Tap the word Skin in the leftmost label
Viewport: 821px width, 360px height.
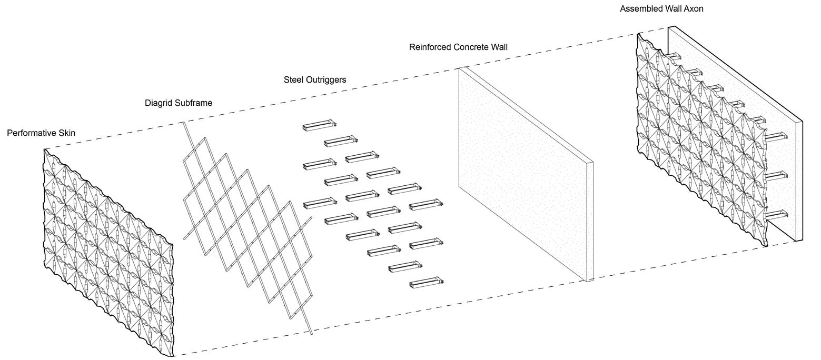click(66, 133)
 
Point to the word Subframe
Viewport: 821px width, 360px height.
click(195, 103)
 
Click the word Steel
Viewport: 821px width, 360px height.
click(293, 80)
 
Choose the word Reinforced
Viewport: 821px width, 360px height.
click(431, 47)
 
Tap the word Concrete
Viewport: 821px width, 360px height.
click(472, 47)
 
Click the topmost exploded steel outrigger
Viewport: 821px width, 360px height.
click(319, 125)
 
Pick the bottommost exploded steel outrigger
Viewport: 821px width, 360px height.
click(426, 283)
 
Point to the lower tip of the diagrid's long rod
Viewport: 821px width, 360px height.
click(312, 333)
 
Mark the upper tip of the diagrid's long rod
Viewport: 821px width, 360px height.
click(184, 123)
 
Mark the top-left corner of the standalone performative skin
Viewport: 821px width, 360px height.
click(44, 149)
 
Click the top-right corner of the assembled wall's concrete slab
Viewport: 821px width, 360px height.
click(802, 122)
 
